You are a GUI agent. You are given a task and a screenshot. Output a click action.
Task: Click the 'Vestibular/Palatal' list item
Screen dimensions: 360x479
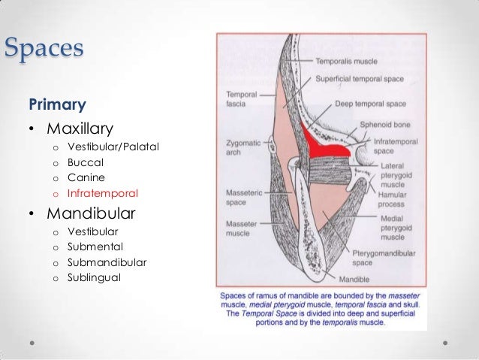tap(113, 145)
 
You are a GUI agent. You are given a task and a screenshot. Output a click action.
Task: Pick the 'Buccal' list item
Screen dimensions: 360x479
tap(85, 162)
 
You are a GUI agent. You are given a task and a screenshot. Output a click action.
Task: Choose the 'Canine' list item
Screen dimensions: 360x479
tap(85, 177)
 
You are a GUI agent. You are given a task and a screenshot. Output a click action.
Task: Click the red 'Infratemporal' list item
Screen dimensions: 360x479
tap(102, 193)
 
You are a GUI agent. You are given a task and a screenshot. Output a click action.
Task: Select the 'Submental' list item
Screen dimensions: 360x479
tap(95, 247)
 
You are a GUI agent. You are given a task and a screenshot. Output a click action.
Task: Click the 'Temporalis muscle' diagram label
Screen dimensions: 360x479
tap(346, 62)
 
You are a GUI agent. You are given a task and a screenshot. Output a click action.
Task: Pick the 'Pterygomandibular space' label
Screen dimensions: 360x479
tap(373, 259)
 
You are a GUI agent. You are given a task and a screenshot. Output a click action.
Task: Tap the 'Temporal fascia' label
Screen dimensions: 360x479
tap(242, 99)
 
